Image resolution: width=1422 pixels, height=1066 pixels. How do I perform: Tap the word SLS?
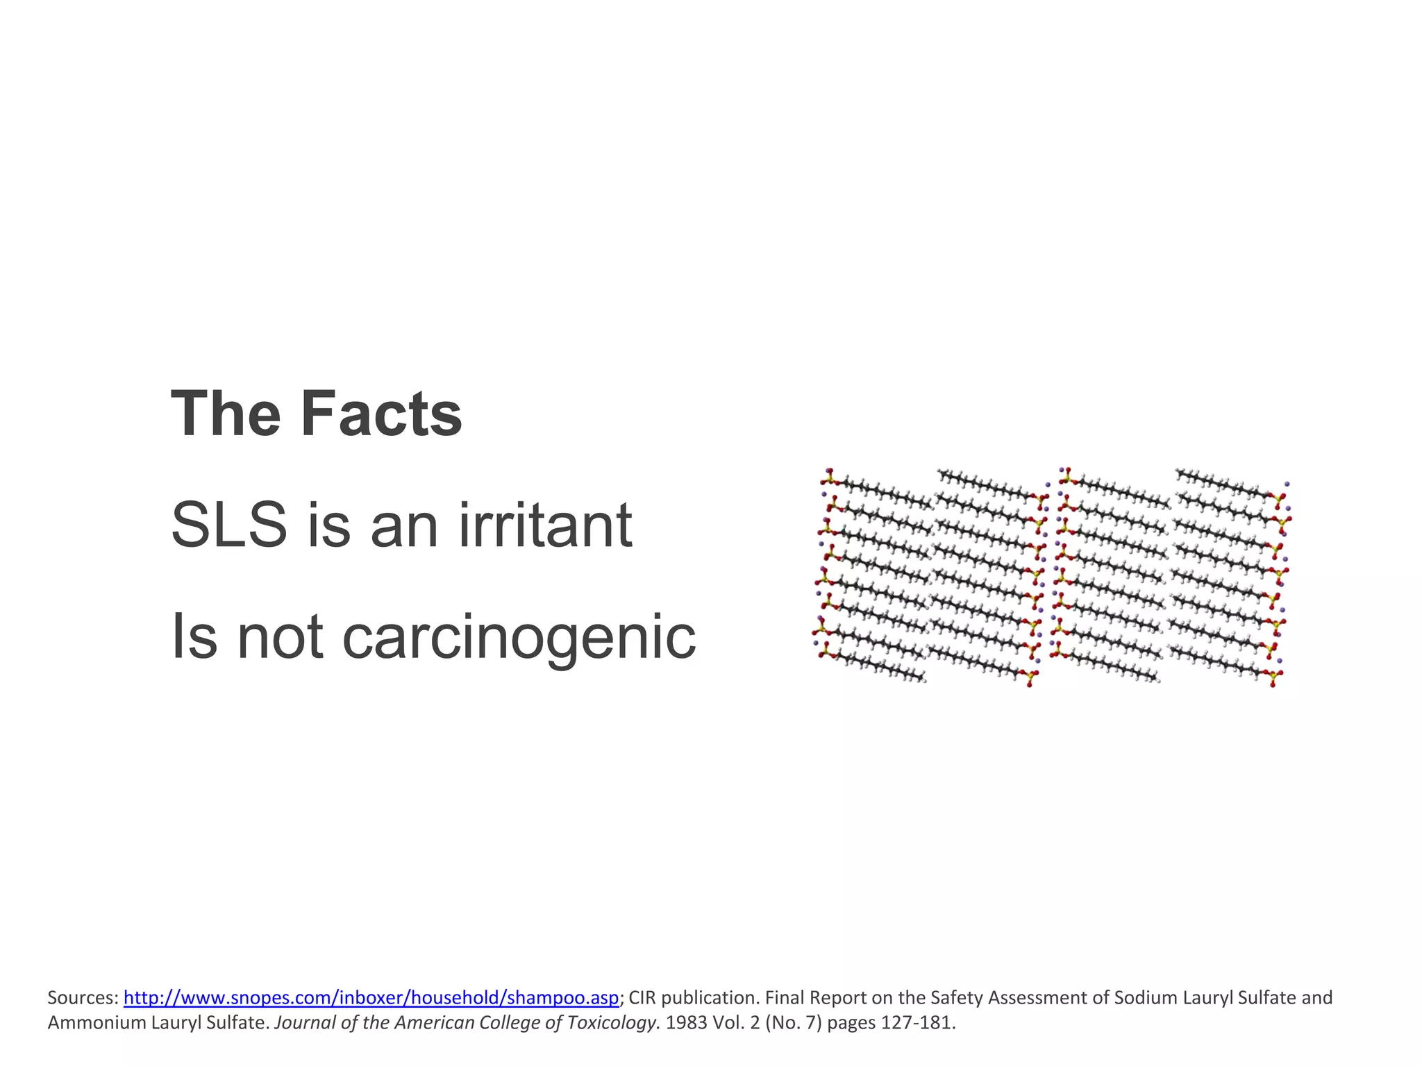(x=228, y=525)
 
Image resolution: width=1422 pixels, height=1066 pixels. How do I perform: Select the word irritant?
(x=545, y=525)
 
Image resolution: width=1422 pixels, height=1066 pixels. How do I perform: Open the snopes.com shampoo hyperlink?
(x=371, y=998)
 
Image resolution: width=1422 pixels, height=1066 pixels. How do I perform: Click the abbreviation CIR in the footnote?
(x=642, y=998)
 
